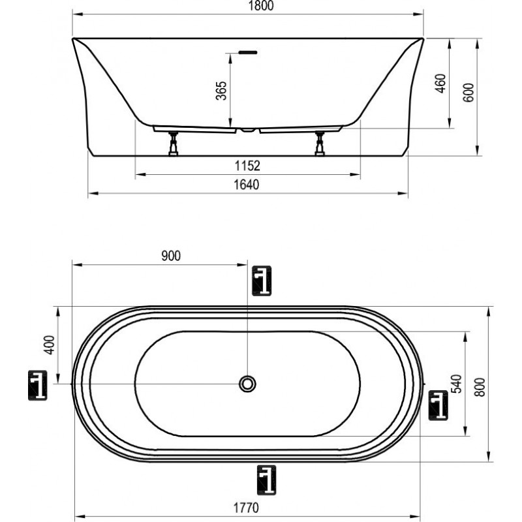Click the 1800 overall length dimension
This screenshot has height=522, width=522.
point(261,6)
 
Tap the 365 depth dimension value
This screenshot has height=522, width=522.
point(221,91)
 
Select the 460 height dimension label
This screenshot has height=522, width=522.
point(440,84)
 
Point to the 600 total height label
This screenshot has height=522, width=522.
point(468,93)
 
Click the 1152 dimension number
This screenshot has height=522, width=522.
point(247,166)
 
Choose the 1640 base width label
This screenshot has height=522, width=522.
point(247,185)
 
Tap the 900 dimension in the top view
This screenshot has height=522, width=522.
point(171,256)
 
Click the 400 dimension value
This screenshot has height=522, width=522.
point(50,345)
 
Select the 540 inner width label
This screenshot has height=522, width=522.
point(458,384)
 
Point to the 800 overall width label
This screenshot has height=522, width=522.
point(480,387)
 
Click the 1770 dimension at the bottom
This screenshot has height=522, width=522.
point(246,508)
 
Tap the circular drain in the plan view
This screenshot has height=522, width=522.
point(247,384)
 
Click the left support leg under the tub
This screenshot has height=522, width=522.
point(173,144)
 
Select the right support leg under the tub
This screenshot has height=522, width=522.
point(320,144)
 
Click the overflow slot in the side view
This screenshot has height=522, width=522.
point(248,52)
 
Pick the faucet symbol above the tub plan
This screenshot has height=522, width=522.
point(262,281)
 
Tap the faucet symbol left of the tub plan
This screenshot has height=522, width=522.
point(37,385)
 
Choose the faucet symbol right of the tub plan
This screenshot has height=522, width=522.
point(438,405)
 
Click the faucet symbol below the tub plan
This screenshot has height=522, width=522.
point(267,480)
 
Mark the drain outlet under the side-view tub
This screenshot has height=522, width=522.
point(248,130)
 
